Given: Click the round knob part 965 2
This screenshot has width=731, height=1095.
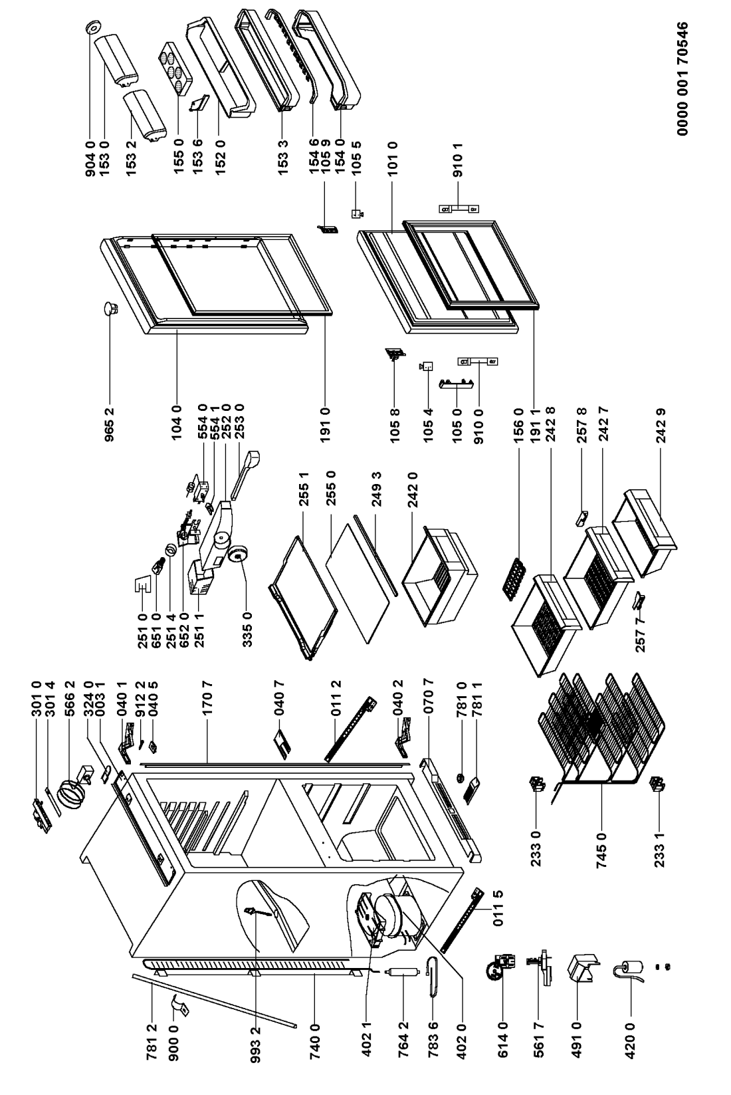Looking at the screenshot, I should tap(109, 308).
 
